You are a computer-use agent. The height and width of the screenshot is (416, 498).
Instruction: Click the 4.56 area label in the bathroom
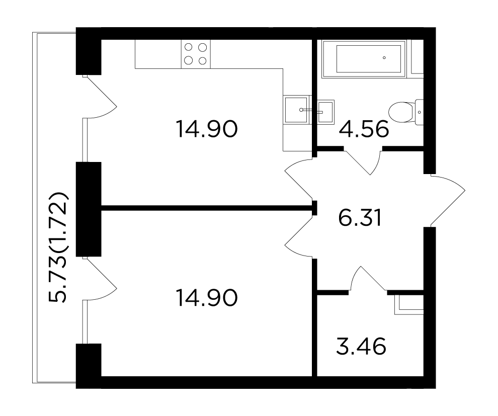coord(364,129)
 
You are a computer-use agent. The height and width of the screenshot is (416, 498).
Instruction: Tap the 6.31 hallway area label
coord(360,218)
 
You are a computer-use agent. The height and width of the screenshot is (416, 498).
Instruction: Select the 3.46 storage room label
coord(361,346)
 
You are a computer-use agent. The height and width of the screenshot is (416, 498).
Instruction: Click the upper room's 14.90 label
coord(206,129)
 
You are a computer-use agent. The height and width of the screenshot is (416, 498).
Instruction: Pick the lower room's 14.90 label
coord(206,298)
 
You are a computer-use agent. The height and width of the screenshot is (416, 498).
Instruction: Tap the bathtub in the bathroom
coord(364,59)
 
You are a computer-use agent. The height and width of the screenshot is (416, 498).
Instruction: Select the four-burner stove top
coord(196,54)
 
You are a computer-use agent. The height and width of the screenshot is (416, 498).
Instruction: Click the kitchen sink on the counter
coord(297,110)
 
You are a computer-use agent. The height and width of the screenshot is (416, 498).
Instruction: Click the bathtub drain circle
coord(384,58)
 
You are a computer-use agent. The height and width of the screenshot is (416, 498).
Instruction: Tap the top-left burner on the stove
coord(189,47)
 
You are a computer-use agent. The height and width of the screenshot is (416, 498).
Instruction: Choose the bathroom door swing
coord(363,160)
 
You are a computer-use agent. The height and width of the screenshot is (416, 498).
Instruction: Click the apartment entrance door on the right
coord(445,200)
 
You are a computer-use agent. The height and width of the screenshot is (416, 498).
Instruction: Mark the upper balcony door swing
coord(100,97)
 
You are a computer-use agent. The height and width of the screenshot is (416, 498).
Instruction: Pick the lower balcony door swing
coord(100,278)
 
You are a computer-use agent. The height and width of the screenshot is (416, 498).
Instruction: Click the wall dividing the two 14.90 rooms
coord(206,208)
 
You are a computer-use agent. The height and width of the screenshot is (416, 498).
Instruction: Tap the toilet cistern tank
coord(420,112)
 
